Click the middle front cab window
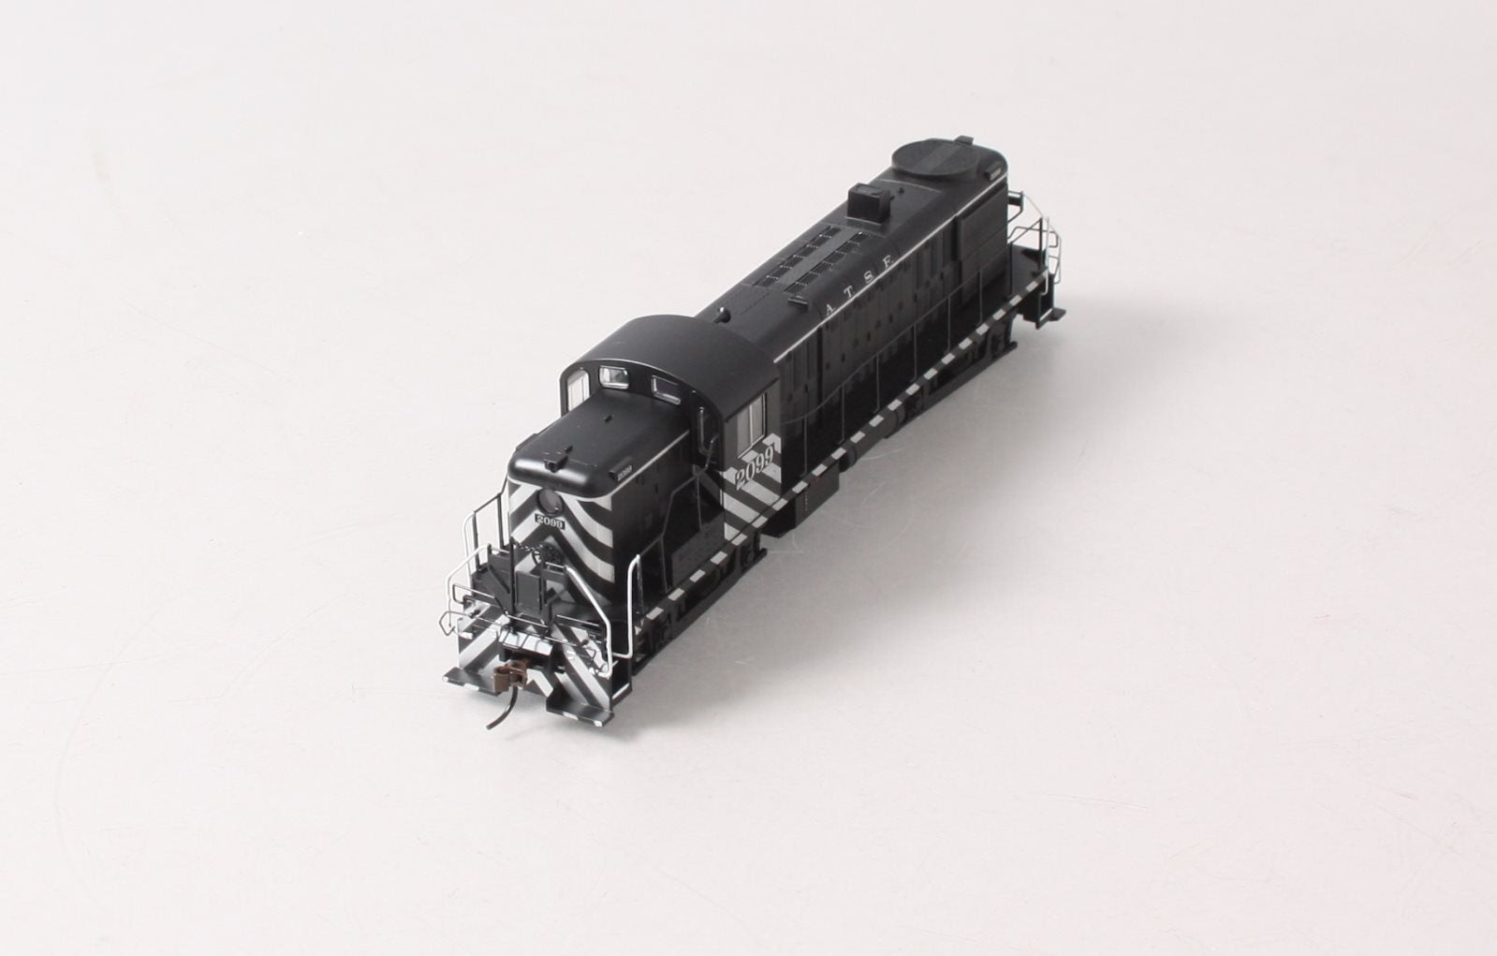coord(614,376)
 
